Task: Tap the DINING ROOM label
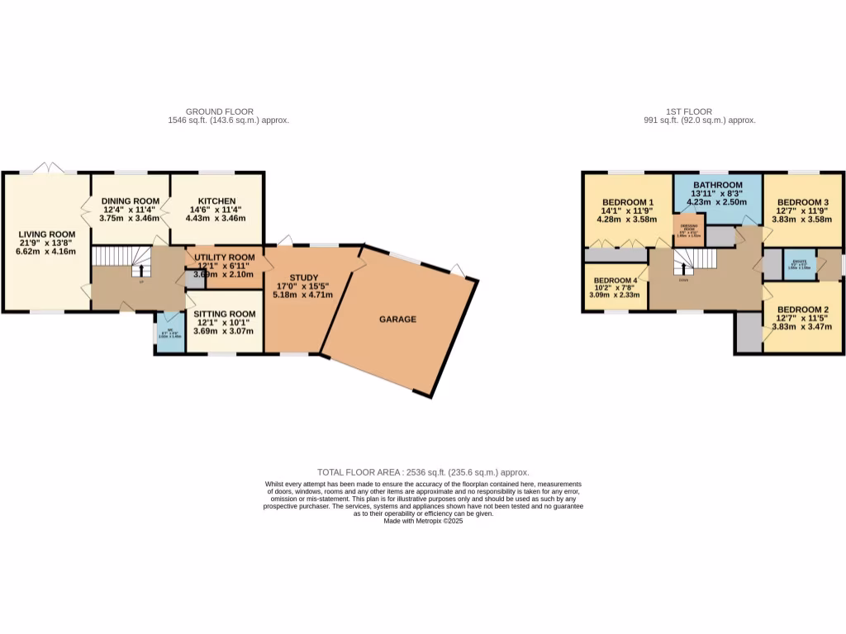click(130, 201)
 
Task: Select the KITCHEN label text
click(217, 201)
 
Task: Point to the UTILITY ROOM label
click(224, 258)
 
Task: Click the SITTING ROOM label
click(225, 314)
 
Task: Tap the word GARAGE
click(397, 319)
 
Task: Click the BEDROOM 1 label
click(628, 202)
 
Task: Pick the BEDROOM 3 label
click(802, 202)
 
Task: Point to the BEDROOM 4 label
click(615, 280)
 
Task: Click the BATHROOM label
click(717, 185)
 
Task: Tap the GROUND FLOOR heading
click(220, 111)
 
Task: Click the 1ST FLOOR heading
click(689, 111)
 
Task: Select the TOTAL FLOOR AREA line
click(422, 471)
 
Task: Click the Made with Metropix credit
click(423, 520)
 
